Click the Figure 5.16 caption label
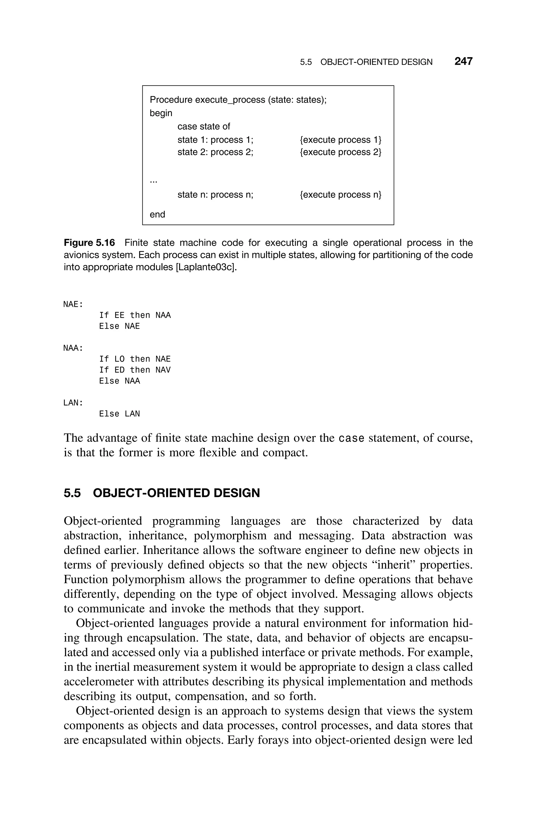coord(89,243)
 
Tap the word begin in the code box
coord(161,113)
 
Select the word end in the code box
coord(157,215)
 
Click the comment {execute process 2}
coord(340,152)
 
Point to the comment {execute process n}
coord(340,195)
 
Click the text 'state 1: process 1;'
coord(215,140)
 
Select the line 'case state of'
coord(203,127)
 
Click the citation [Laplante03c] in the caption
coord(206,267)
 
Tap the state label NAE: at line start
coord(73,304)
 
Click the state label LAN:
coord(73,403)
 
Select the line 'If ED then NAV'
coord(135,370)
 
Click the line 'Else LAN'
coord(119,414)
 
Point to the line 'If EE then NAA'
coord(135,315)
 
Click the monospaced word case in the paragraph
coord(351,439)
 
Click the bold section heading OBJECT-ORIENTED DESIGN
coord(176,493)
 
